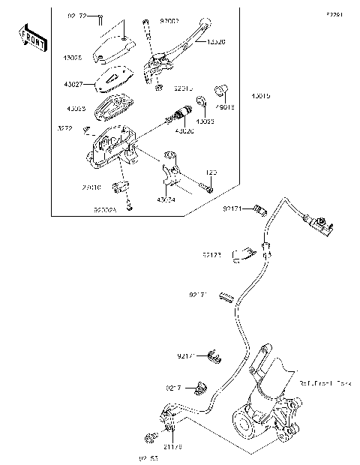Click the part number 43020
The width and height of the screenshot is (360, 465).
click(184, 131)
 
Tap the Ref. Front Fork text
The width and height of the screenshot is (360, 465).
click(324, 383)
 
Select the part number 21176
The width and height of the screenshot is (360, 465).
click(173, 446)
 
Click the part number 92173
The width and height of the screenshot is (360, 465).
click(211, 256)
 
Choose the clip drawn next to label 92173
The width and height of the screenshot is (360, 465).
click(241, 255)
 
